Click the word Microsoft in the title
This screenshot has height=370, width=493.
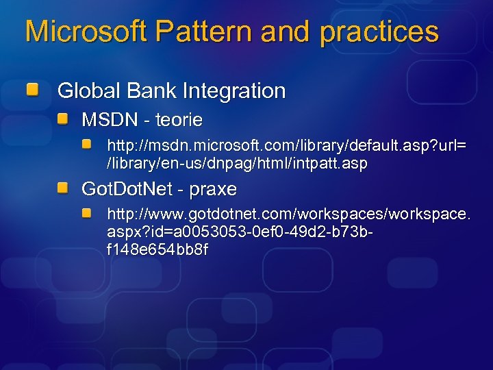[86, 32]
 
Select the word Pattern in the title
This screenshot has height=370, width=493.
[205, 32]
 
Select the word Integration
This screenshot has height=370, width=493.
[227, 90]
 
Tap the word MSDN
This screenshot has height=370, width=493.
[109, 121]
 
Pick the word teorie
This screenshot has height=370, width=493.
[179, 121]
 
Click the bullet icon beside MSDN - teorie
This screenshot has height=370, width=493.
[63, 120]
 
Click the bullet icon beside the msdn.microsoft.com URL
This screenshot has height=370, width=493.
[88, 145]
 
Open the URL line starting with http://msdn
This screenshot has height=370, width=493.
[287, 147]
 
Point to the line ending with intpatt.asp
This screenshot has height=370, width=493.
[238, 164]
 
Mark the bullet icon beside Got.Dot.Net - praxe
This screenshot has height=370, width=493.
[63, 188]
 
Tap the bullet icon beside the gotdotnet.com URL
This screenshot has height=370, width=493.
[88, 214]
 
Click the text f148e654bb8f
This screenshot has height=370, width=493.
[157, 250]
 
